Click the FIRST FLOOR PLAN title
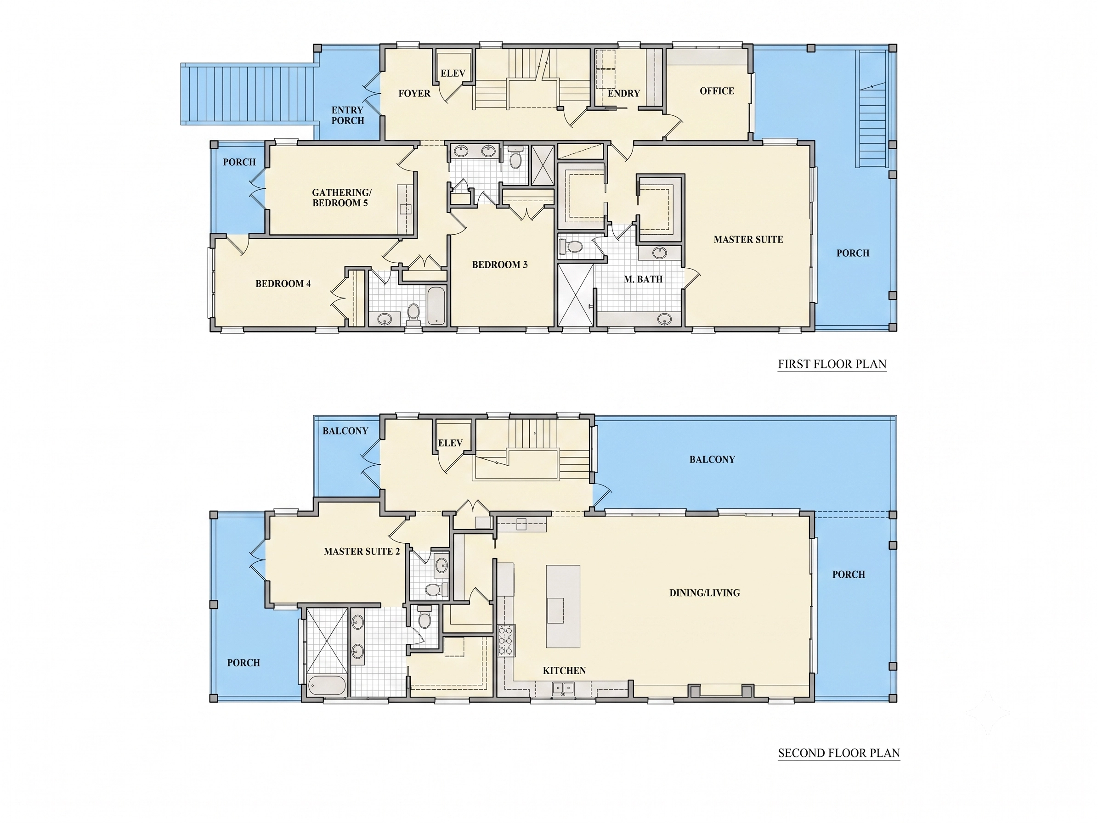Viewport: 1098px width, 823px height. coord(832,364)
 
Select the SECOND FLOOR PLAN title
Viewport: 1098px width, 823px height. coord(839,753)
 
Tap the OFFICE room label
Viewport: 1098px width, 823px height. coord(717,91)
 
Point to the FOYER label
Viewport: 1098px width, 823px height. coord(414,93)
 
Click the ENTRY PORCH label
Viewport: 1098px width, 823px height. coord(347,115)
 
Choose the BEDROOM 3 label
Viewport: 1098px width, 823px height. coord(500,265)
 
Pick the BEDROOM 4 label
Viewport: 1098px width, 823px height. coord(283,284)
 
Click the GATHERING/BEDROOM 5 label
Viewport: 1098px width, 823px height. coord(341,197)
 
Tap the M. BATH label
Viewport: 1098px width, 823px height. coord(643,279)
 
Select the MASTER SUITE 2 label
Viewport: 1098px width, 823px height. coord(362,551)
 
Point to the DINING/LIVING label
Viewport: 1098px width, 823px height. coord(705,593)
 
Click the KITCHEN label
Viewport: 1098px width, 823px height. coord(564,671)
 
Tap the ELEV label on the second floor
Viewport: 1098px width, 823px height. coord(450,443)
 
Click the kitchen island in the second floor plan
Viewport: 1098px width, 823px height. coord(563,606)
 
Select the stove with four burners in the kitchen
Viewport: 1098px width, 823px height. coord(506,640)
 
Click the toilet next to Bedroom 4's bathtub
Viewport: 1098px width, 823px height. coord(413,314)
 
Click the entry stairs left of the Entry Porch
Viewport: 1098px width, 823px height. coord(249,94)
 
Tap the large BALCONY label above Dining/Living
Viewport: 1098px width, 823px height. coord(712,459)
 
